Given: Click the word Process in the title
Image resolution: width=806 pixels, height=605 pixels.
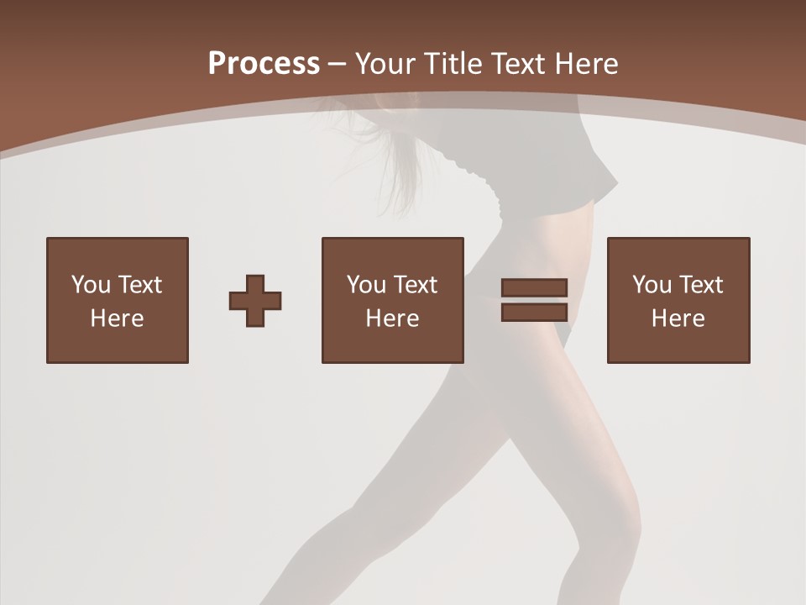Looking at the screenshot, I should click(264, 64).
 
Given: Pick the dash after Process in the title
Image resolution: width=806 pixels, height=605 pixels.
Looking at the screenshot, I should click(337, 65).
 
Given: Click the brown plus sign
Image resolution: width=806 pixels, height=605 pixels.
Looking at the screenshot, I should click(255, 301).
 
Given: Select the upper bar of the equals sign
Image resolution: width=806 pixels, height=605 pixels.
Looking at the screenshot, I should click(534, 288).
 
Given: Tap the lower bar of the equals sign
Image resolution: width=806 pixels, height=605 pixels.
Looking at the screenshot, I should click(534, 313).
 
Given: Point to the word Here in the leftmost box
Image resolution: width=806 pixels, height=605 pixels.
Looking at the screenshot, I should click(118, 318).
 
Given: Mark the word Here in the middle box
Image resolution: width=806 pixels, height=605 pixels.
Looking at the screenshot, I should click(393, 318).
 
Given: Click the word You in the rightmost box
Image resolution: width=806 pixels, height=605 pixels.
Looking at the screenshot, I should click(652, 285).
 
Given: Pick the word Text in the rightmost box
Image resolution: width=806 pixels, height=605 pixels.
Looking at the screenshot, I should click(700, 285).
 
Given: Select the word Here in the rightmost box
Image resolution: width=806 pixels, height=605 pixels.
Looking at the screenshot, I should click(678, 318).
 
